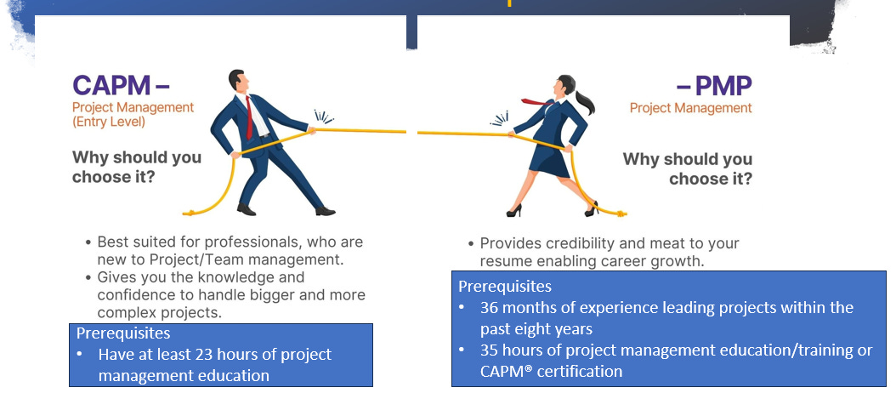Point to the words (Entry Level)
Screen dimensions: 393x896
[x=109, y=122]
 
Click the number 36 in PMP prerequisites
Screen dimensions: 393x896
[x=491, y=308]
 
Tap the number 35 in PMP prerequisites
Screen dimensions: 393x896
[x=491, y=350]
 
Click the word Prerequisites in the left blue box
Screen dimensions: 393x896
[x=123, y=333]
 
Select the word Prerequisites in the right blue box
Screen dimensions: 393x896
[x=505, y=287]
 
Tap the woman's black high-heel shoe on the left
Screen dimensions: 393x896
[x=514, y=210]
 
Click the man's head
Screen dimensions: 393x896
[x=238, y=83]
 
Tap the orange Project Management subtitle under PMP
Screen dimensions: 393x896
[x=690, y=108]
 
